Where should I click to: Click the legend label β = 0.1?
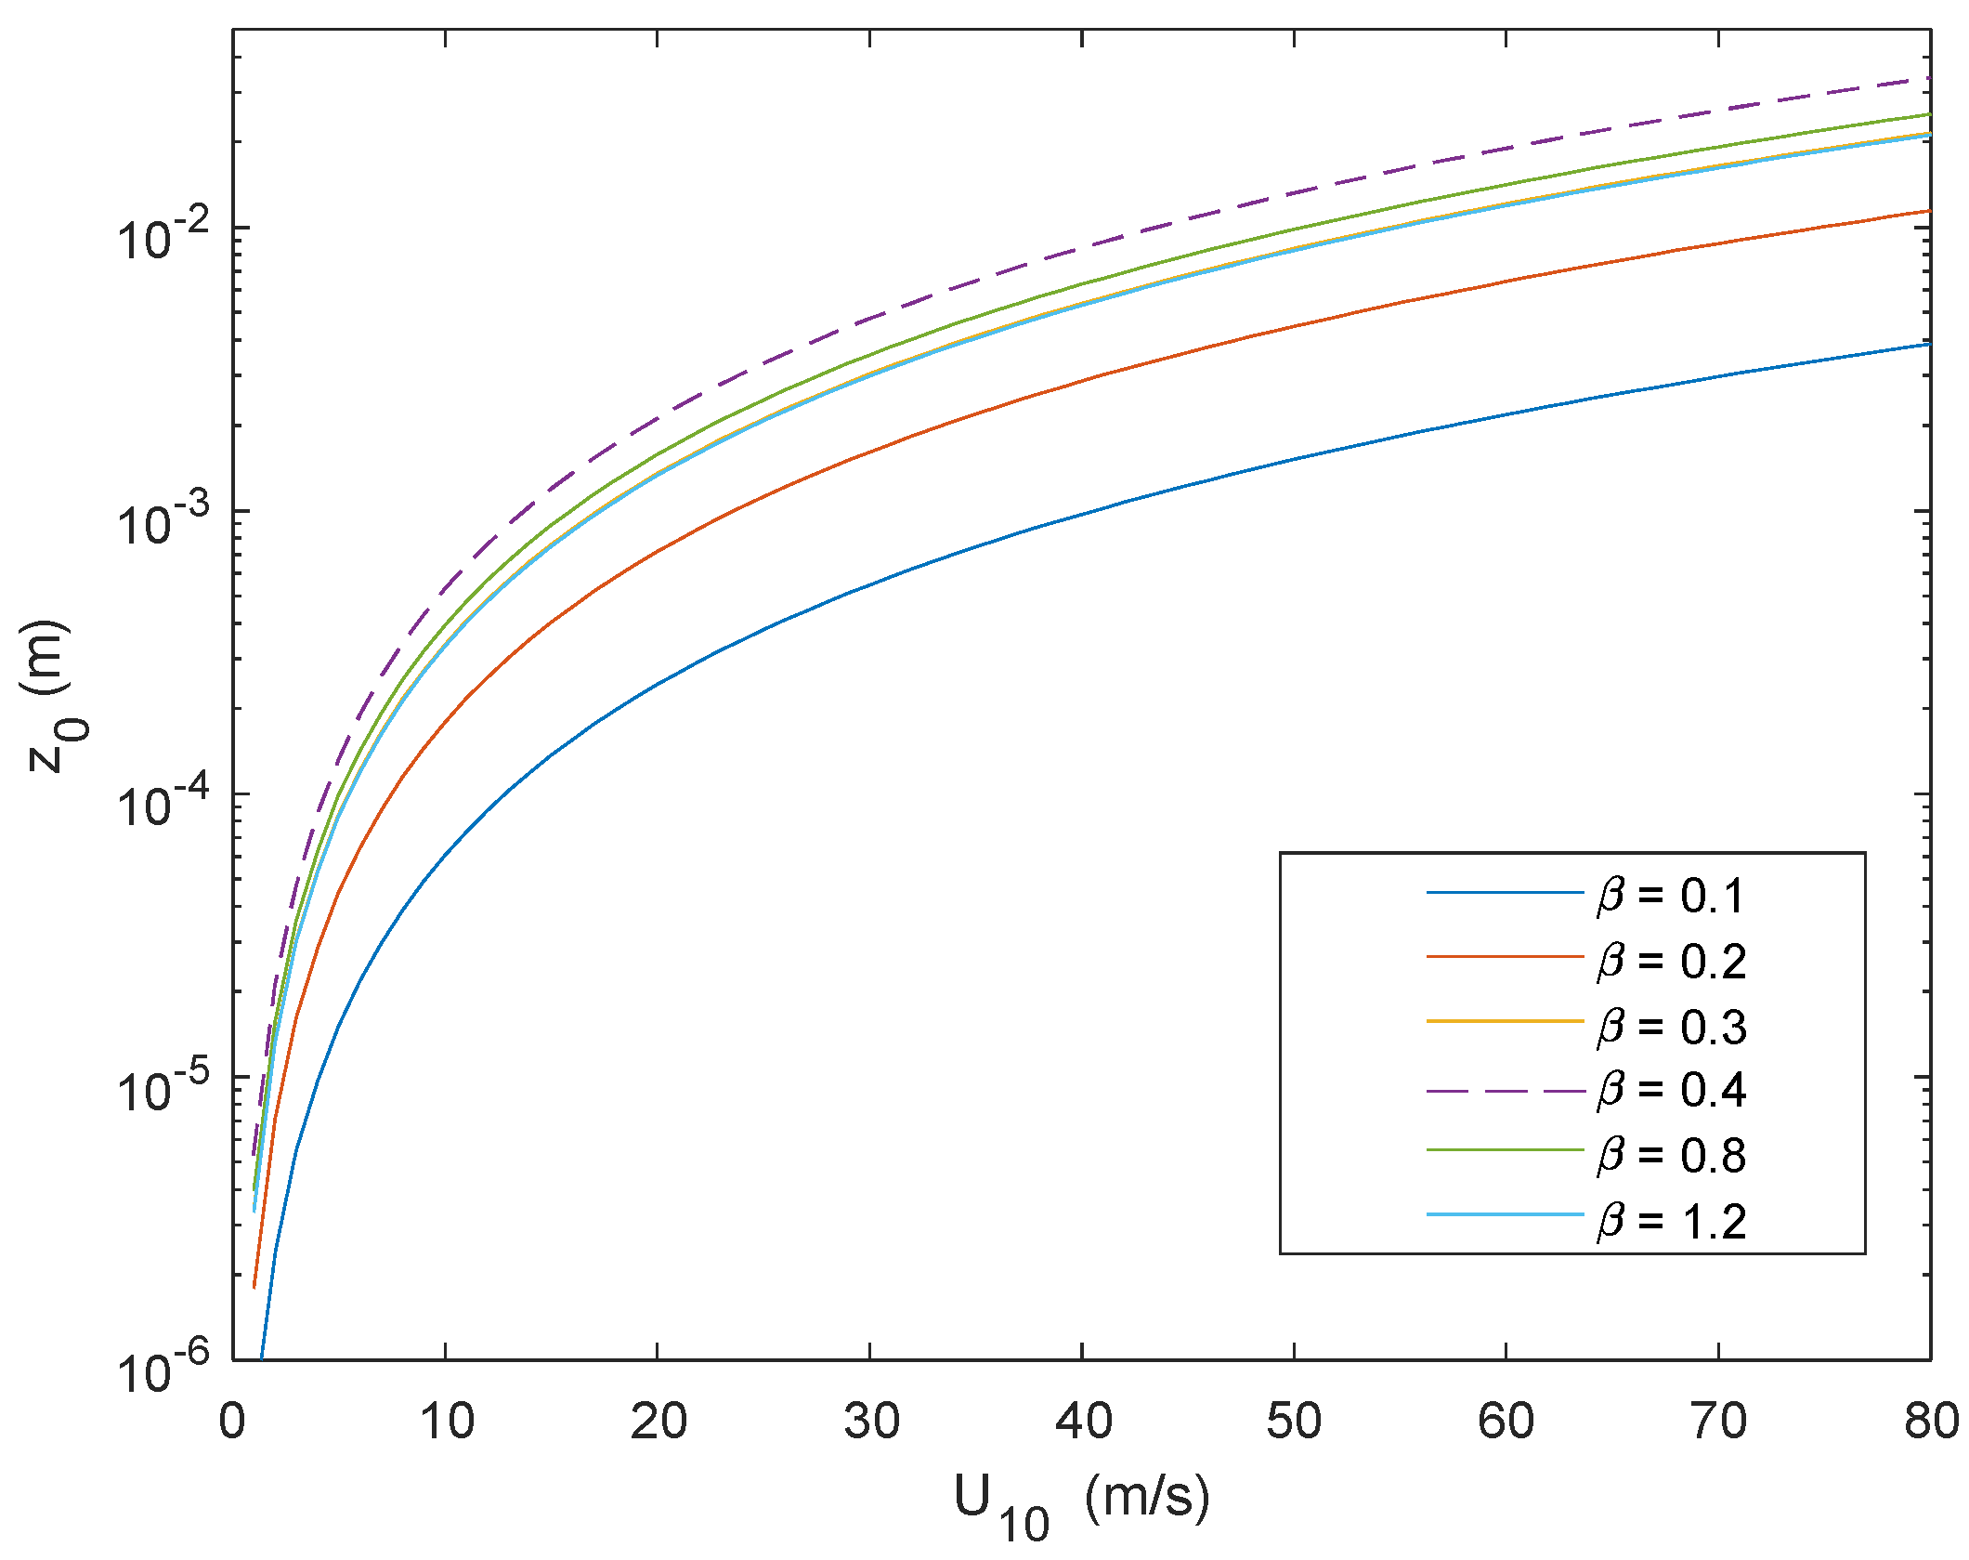coord(1671,896)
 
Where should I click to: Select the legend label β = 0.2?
coord(1671,961)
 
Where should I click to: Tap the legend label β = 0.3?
coord(1671,1026)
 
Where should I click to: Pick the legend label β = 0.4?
coord(1671,1089)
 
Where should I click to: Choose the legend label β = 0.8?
coord(1671,1155)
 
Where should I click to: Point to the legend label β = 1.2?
coord(1671,1221)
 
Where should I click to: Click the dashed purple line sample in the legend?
coord(1505,1089)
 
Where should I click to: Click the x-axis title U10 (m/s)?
coord(1082,1501)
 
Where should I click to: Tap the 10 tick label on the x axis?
coord(447,1422)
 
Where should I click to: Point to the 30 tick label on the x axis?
coord(871,1422)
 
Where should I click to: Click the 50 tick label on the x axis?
coord(1295,1422)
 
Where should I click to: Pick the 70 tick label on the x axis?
coord(1719,1422)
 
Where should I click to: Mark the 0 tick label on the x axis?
coord(232,1422)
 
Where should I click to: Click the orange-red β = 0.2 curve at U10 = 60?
coord(1506,282)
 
